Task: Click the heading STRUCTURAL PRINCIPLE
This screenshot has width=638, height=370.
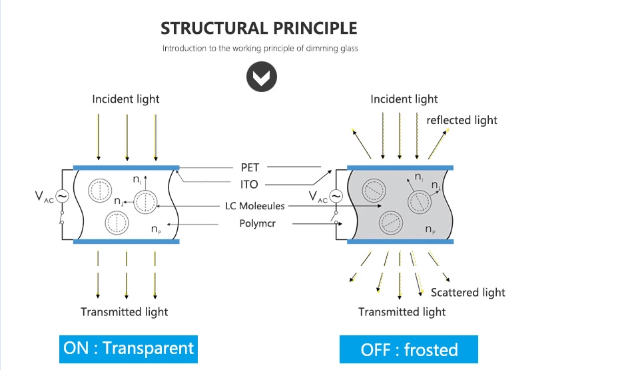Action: (259, 29)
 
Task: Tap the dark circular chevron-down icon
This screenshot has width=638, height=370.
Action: (262, 78)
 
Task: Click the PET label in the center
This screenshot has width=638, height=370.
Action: (250, 167)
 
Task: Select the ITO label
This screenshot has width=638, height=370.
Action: (249, 184)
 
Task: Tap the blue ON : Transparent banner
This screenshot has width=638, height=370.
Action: (129, 347)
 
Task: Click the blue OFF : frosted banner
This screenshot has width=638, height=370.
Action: (409, 350)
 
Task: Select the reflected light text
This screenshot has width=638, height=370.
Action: (462, 120)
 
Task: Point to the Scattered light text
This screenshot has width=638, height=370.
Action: (468, 292)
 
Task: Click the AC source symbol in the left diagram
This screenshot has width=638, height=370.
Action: (62, 196)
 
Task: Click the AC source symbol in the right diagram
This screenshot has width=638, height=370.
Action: (336, 196)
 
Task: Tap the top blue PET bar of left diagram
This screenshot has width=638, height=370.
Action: (126, 167)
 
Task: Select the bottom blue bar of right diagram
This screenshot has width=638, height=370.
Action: (400, 242)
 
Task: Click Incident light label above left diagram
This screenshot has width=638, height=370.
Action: (126, 99)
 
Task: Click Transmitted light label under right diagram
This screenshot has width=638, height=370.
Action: (402, 311)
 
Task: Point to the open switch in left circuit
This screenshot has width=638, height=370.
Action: (62, 217)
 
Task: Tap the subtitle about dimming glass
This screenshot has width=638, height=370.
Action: (260, 49)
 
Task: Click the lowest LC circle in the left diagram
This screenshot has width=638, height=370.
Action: (117, 222)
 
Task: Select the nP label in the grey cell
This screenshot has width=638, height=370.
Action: (430, 230)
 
